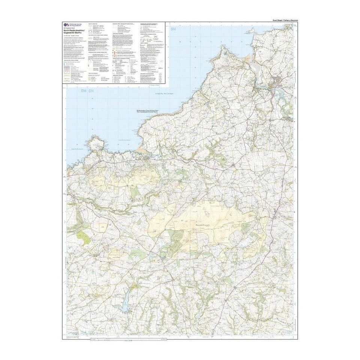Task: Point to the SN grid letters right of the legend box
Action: [x=173, y=29]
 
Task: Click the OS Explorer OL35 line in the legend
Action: [x=68, y=28]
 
